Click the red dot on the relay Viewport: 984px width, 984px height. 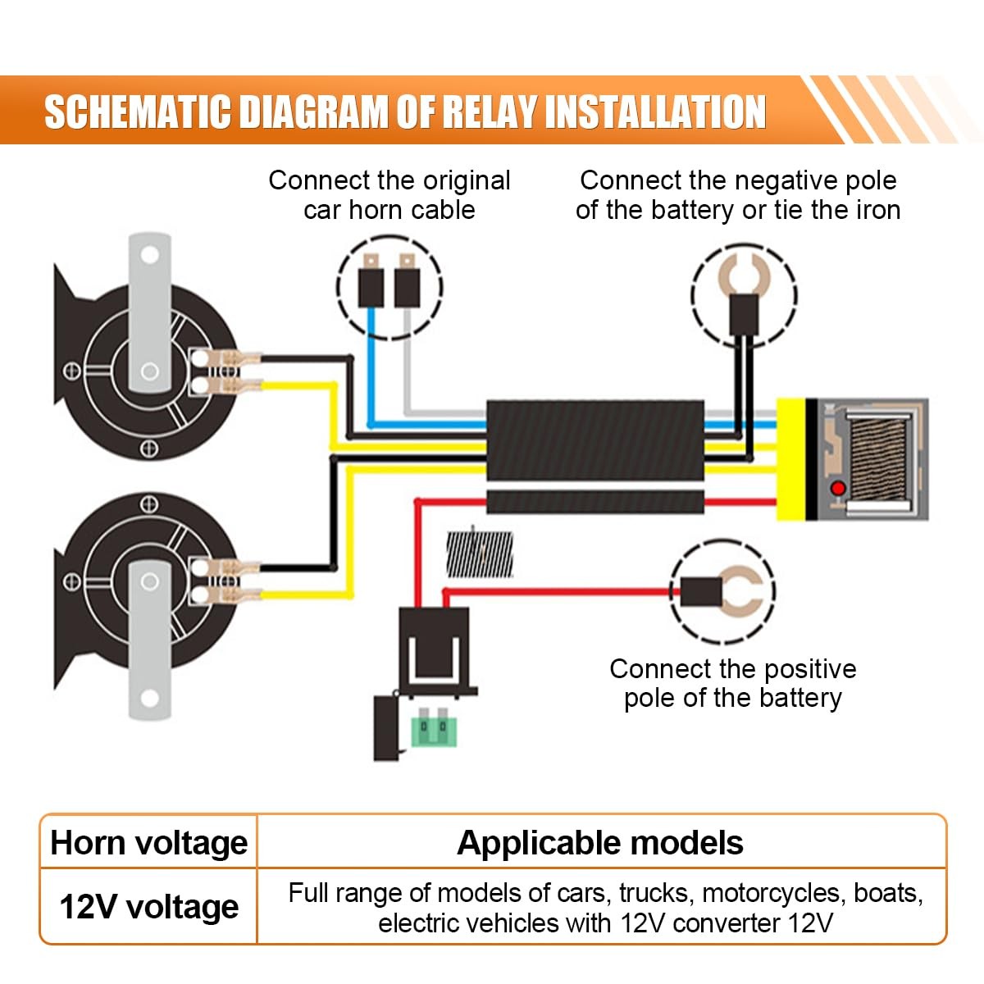(838, 489)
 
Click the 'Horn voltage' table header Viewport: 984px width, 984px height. (149, 844)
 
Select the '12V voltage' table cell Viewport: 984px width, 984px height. (149, 908)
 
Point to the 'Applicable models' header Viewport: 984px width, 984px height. (600, 843)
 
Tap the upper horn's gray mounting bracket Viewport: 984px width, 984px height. (149, 312)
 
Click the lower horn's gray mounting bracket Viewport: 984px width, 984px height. (149, 640)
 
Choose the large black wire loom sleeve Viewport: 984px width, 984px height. (595, 440)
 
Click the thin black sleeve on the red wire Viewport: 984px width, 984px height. (595, 502)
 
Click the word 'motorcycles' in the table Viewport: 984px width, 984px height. (771, 893)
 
